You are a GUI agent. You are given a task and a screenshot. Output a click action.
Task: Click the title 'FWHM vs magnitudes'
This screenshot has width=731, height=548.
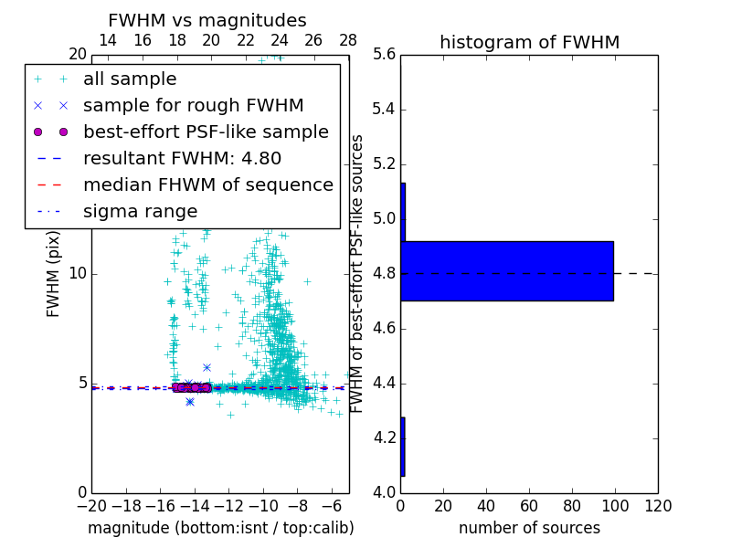(207, 21)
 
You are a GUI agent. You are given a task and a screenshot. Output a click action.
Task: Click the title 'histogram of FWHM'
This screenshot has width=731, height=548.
(529, 42)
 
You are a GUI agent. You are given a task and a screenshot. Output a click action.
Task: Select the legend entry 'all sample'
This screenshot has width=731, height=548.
(130, 79)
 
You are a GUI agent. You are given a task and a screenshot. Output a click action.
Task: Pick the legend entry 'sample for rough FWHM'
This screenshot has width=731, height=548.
(193, 106)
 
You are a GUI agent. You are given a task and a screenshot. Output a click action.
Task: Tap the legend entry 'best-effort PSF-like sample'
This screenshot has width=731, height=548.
(206, 132)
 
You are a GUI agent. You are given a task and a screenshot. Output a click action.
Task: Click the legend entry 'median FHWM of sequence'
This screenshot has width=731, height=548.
(207, 185)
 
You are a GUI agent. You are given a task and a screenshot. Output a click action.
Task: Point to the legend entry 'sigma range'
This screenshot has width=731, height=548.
(140, 212)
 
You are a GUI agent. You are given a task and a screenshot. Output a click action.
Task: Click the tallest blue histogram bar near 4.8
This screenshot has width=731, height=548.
(507, 271)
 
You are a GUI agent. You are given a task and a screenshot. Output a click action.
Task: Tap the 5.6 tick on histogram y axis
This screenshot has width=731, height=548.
(386, 55)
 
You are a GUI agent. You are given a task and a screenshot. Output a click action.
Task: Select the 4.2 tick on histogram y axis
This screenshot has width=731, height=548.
(386, 437)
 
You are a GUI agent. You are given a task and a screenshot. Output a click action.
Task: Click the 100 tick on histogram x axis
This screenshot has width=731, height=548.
(615, 505)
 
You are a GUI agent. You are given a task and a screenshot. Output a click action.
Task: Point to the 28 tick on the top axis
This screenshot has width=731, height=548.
(348, 41)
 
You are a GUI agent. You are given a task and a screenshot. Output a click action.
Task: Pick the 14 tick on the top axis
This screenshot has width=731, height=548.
(107, 41)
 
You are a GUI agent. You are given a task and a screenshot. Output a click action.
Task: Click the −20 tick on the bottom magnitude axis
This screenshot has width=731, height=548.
(91, 505)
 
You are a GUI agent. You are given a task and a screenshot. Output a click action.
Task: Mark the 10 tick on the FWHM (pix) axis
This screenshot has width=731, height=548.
(78, 274)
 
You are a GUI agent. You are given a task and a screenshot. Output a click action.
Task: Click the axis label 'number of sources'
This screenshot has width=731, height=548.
(529, 528)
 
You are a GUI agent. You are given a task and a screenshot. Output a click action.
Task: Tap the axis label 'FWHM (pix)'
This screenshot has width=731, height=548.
(54, 274)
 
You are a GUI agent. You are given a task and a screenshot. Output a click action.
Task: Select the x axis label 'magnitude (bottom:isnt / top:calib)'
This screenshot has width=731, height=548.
(220, 528)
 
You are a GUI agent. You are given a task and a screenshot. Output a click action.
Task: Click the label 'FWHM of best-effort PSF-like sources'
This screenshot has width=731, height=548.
(358, 274)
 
